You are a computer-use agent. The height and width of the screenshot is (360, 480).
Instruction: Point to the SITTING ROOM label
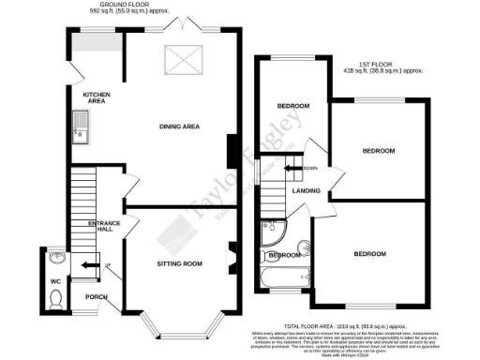(x=179, y=263)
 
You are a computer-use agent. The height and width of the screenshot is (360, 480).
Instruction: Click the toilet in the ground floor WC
(x=55, y=299)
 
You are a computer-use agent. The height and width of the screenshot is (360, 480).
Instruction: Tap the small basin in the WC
(x=54, y=258)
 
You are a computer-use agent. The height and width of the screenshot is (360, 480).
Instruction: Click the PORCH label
(x=97, y=298)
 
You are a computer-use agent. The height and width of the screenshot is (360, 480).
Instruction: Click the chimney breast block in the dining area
(x=232, y=149)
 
